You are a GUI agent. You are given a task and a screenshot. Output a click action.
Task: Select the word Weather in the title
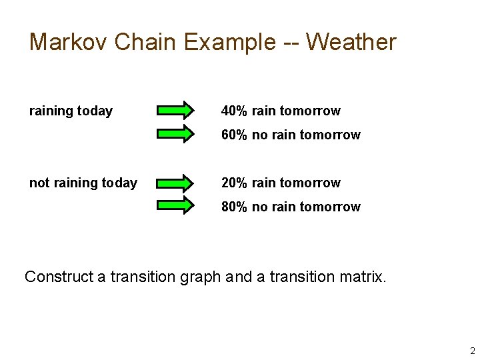coord(351,42)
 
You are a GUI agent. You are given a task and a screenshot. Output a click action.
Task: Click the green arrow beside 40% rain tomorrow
coord(175,111)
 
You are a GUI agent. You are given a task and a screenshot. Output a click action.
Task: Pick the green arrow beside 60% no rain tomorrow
coord(175,133)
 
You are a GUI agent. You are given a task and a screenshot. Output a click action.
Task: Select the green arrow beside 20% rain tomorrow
coord(175,183)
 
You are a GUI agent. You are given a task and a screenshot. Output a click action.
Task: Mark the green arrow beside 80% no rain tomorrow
coord(175,205)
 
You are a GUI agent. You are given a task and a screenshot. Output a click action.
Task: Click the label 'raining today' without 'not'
coord(71,111)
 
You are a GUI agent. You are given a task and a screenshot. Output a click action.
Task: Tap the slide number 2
coord(472,351)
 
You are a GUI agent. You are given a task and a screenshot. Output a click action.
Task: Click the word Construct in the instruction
coord(58,277)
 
